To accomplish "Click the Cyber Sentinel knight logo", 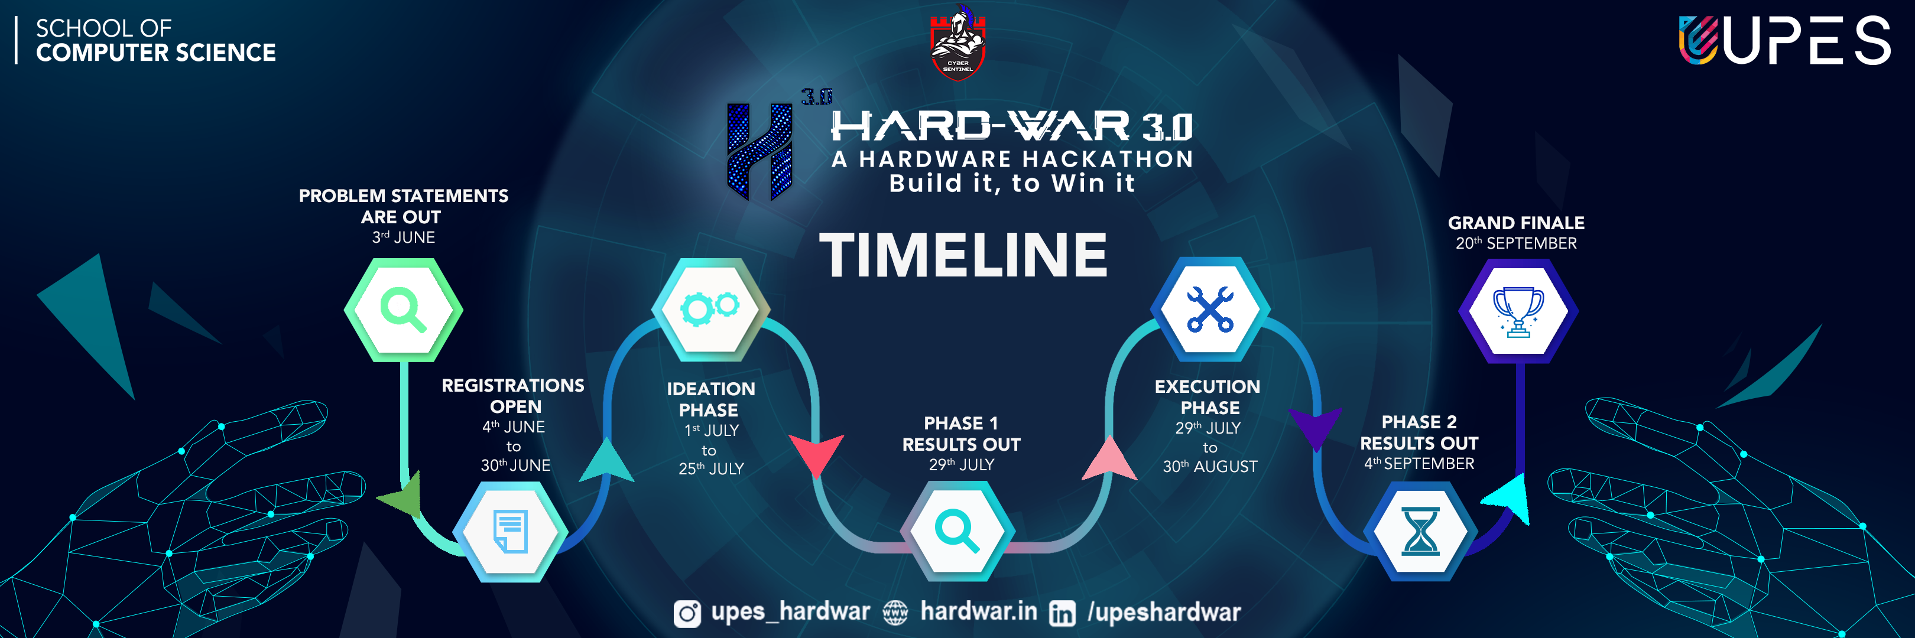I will (x=957, y=43).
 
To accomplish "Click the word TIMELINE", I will (x=963, y=255).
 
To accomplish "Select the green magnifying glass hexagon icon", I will (x=403, y=310).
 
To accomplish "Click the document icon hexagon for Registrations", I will (x=511, y=532).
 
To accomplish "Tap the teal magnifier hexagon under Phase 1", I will (x=957, y=532).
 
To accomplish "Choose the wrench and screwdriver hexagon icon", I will (x=1209, y=309).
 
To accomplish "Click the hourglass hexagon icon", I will (x=1420, y=532).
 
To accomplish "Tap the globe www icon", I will (x=895, y=613).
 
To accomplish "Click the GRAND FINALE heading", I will (x=1516, y=223).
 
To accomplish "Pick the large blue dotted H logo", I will (x=759, y=151).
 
